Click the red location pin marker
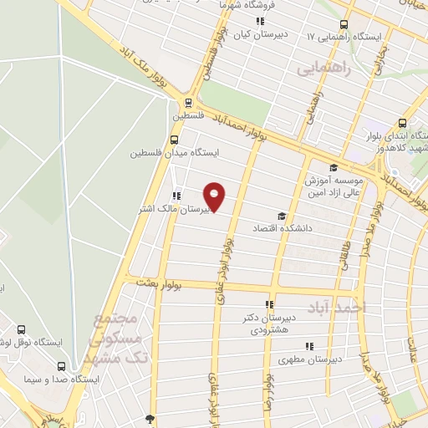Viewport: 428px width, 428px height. coord(215,197)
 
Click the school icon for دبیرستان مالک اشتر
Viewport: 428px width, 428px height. coord(176,196)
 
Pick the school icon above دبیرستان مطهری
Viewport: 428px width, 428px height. coord(309,346)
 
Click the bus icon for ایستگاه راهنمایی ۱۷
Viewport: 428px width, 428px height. coord(344,23)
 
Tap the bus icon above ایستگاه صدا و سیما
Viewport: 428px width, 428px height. coord(60,365)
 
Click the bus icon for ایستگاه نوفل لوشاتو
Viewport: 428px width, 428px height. coord(21,329)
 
